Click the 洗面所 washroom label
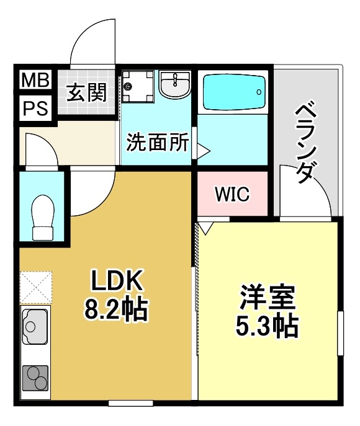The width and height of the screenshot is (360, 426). [x=157, y=143]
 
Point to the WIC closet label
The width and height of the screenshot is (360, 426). [x=232, y=194]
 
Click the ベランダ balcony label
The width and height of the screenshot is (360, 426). [x=306, y=142]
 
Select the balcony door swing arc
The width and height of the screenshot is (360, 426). [x=304, y=186]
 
